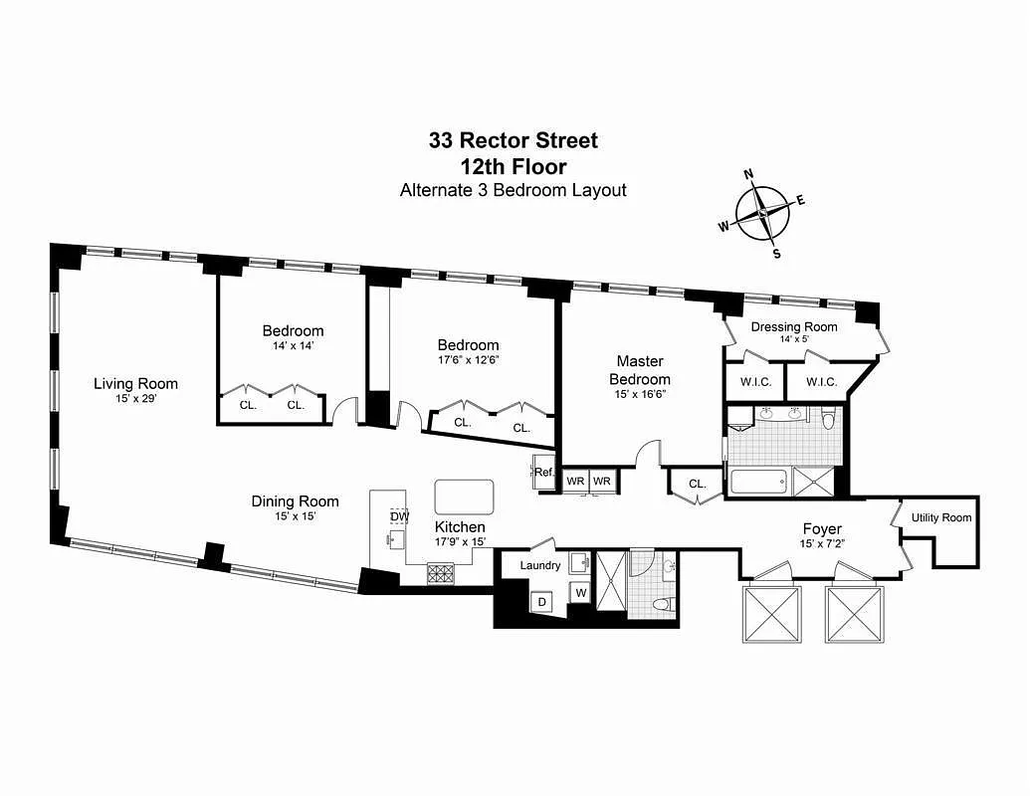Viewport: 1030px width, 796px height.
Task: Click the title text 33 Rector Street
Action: pos(514,140)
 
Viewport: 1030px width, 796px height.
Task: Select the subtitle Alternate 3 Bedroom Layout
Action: pos(514,190)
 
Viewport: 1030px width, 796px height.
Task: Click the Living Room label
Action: pos(136,383)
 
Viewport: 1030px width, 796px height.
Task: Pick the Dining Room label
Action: pos(295,501)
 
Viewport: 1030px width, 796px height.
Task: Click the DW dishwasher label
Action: pos(399,516)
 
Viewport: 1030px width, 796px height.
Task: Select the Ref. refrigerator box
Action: pos(543,473)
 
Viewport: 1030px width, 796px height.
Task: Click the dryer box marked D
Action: pos(542,602)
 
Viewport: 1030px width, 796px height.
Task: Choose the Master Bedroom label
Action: pos(639,370)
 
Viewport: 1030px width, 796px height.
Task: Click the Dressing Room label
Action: pos(794,326)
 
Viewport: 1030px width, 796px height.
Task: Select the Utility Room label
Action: pos(940,517)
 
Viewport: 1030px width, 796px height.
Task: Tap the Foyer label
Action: pos(822,528)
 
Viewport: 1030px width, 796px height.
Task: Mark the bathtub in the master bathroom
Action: pos(758,483)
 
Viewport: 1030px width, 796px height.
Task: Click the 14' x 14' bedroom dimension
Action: pos(293,346)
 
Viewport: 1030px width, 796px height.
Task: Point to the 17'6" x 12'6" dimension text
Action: pos(468,360)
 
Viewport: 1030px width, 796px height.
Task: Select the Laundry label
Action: pos(540,565)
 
